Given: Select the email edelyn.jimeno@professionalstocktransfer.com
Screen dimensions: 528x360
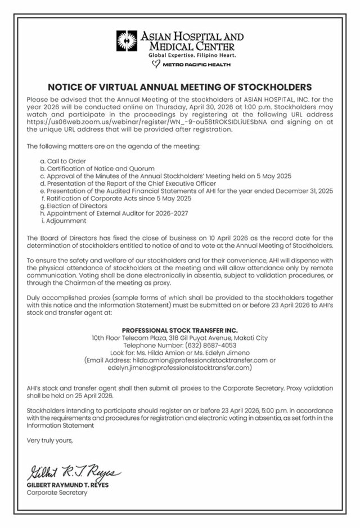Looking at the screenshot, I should tap(179, 367).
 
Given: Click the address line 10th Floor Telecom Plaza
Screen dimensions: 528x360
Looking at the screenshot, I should tap(179, 337).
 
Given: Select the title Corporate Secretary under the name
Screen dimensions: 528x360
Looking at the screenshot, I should tap(57, 493).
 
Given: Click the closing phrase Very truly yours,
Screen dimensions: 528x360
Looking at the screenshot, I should tap(50, 441).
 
